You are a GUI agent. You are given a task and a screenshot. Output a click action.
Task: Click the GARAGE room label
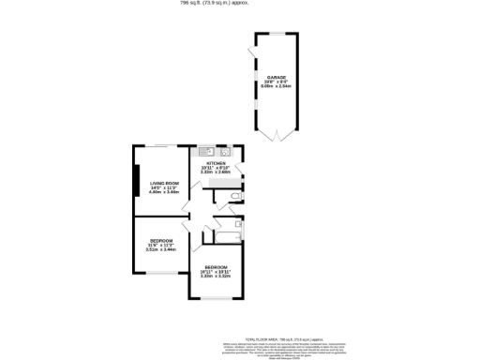click(276, 77)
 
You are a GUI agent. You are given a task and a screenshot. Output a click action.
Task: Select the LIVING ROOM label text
click(164, 183)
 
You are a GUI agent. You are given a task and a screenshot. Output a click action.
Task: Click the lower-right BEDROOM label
click(217, 267)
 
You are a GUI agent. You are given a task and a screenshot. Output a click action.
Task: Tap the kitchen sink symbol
click(204, 151)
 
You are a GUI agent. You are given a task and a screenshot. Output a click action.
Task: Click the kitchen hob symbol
click(225, 151)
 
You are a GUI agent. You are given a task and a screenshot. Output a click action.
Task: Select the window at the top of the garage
click(276, 35)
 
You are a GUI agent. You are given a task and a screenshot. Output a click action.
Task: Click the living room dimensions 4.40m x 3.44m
click(164, 192)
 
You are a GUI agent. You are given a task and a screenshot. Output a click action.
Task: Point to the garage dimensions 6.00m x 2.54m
click(276, 86)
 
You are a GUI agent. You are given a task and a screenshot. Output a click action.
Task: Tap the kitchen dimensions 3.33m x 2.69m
click(216, 172)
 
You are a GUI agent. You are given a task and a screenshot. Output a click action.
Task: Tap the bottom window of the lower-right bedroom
click(217, 298)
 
